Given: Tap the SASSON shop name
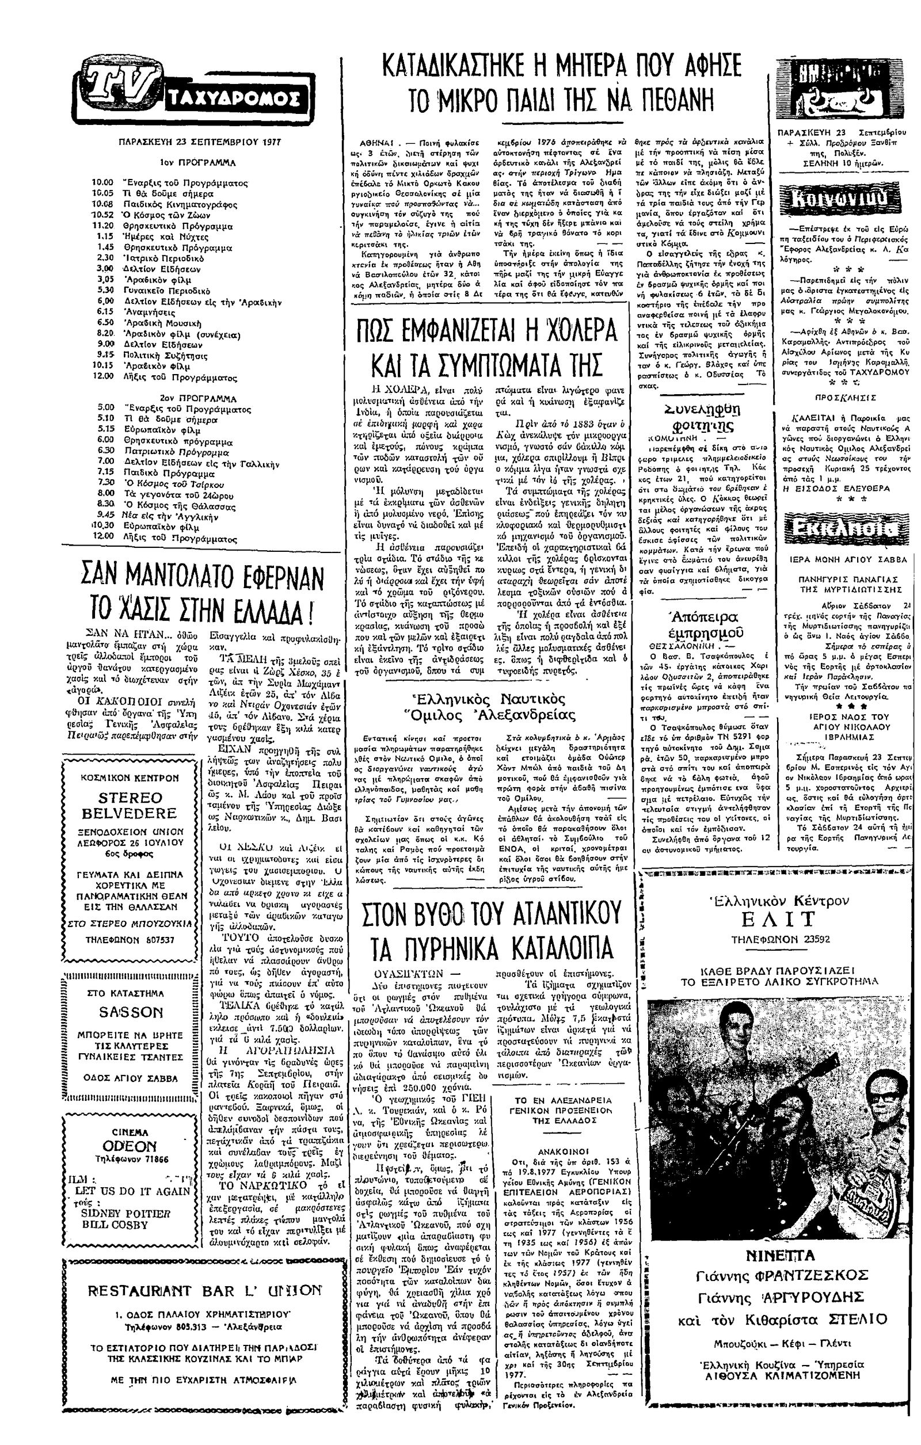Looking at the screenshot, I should pyautogui.click(x=130, y=1012).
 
